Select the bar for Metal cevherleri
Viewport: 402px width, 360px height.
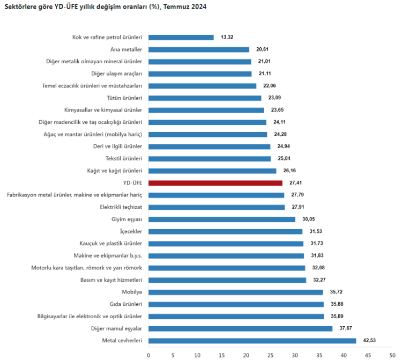252,341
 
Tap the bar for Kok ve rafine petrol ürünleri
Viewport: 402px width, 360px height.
181,38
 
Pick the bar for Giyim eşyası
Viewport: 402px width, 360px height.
221,219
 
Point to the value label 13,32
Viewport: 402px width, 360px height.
227,38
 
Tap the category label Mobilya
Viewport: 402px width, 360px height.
132,292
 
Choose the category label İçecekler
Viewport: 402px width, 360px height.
129,231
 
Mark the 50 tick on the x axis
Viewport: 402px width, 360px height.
393,355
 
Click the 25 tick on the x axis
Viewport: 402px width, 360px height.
271,355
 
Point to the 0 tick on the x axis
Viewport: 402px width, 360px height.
148,355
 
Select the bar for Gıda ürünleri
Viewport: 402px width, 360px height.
236,304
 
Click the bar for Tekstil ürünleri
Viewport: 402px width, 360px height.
210,159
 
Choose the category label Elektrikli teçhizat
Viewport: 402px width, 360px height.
121,207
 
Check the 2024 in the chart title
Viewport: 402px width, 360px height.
198,7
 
